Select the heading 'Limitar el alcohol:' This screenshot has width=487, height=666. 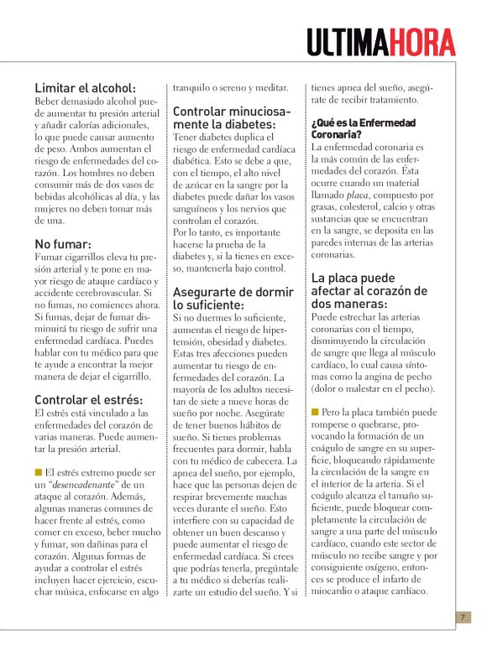[85, 87]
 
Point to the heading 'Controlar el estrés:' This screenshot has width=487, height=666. [88, 399]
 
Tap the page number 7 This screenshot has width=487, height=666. [462, 617]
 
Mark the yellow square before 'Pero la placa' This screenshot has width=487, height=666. [315, 412]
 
